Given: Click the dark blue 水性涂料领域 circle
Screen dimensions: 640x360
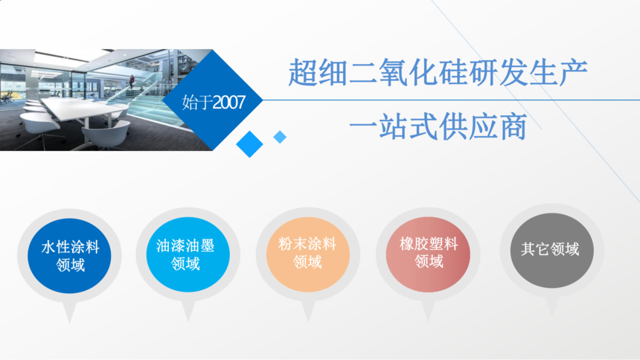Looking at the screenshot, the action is [69, 256].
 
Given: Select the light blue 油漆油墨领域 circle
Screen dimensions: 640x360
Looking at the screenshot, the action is [188, 254].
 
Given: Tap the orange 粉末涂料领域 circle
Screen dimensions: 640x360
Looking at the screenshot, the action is [308, 254].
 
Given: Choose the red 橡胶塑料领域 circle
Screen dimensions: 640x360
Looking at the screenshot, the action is [428, 254].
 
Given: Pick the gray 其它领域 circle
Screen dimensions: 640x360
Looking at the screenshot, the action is [552, 250].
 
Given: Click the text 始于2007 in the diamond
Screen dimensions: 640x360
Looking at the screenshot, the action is [214, 102].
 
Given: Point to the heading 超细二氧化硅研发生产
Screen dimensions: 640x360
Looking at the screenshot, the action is [438, 73].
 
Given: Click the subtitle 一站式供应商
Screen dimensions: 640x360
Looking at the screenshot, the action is [438, 127].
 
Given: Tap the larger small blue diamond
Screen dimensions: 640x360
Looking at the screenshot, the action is [249, 144].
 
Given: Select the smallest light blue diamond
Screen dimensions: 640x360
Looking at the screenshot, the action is [280, 137].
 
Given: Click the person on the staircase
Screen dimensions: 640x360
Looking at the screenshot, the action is [132, 82].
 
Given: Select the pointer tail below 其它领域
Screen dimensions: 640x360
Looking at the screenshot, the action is [552, 307].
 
